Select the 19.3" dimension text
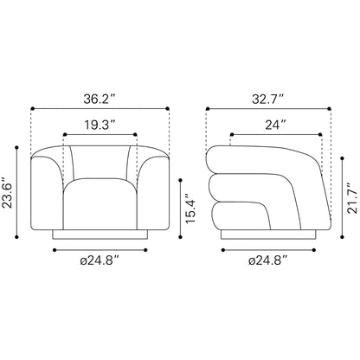(x=100, y=124)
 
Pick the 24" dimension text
(x=276, y=124)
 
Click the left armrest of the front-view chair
(x=48, y=195)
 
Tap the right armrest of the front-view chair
(x=153, y=195)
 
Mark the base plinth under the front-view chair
(x=100, y=235)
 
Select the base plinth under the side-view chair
(x=269, y=235)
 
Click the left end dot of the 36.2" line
(x=32, y=109)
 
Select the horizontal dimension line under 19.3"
(x=100, y=134)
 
